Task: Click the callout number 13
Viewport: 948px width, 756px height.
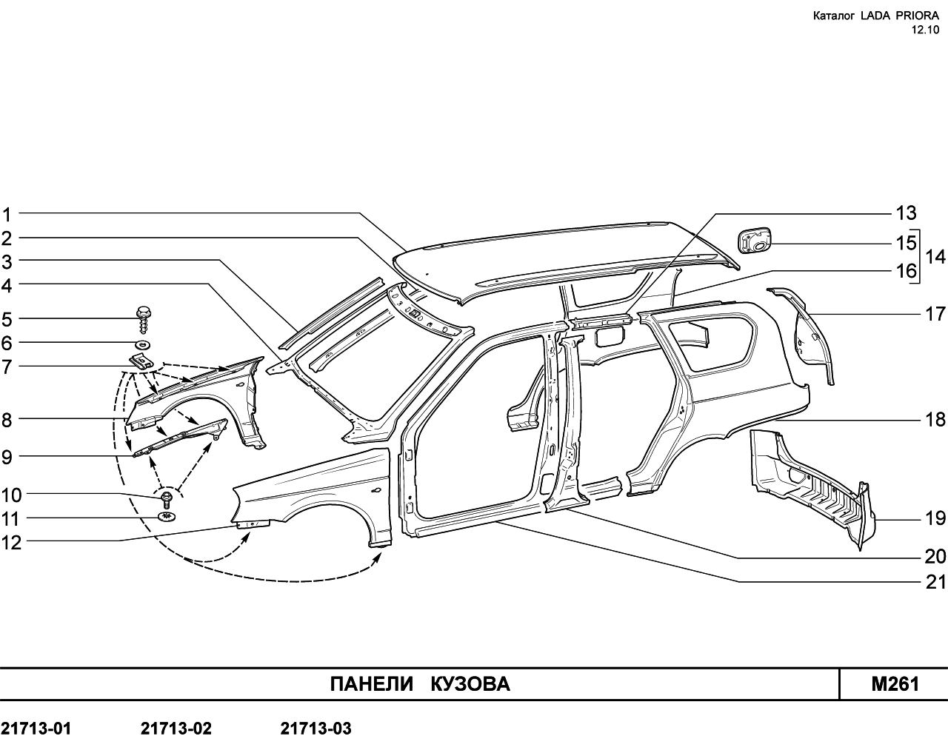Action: [907, 213]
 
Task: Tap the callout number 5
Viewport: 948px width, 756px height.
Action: [7, 320]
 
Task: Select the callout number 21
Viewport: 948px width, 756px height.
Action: [935, 582]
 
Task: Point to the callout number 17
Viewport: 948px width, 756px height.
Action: [935, 314]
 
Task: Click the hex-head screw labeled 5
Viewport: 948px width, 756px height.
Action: [144, 319]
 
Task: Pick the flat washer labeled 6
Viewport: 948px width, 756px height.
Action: [143, 344]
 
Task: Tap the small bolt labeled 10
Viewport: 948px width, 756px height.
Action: [167, 500]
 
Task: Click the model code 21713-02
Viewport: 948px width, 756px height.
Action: [176, 729]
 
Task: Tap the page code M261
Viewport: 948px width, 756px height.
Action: [895, 684]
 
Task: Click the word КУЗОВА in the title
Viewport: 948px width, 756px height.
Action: [470, 683]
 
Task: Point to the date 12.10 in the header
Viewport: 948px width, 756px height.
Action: [925, 30]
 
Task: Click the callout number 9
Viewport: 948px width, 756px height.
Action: [7, 458]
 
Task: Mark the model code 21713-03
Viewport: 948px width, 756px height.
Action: [316, 729]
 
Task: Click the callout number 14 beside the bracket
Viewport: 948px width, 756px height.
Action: [935, 257]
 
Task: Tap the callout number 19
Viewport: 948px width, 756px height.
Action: [935, 518]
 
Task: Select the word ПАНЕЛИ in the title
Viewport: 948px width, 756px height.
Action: [373, 683]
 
